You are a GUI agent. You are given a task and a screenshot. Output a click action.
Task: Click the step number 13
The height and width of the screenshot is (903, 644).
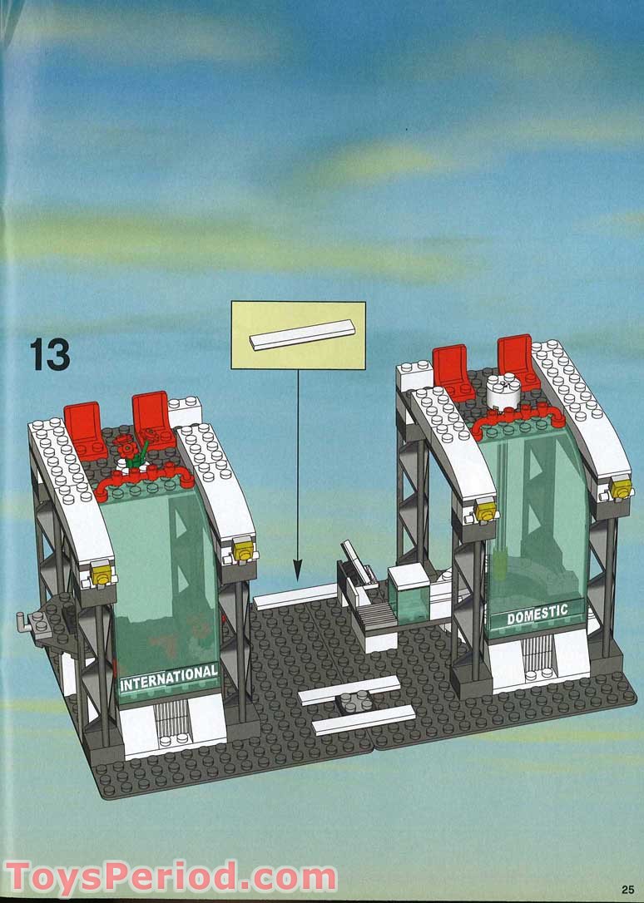coord(50,354)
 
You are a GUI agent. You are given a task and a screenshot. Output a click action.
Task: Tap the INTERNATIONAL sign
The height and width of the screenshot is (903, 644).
coord(169,677)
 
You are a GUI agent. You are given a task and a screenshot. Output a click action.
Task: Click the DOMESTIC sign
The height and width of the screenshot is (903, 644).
coord(537,614)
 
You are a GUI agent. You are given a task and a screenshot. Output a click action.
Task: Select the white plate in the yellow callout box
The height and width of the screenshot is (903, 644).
coord(302,334)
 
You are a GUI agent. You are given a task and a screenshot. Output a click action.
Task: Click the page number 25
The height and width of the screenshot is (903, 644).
coord(627,890)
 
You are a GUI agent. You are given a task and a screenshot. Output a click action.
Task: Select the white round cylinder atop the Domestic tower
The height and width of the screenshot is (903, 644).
coord(503,393)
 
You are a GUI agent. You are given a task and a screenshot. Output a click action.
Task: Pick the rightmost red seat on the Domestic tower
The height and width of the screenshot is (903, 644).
coord(518,362)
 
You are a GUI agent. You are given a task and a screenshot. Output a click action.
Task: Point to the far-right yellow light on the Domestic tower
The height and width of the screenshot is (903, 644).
coord(621,488)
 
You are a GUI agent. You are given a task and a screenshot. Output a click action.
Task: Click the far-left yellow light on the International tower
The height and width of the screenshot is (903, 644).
coord(102,573)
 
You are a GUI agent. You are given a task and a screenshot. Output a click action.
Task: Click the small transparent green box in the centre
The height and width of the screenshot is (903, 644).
coord(409,598)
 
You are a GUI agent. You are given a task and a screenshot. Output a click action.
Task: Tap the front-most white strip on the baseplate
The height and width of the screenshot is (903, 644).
coord(364,720)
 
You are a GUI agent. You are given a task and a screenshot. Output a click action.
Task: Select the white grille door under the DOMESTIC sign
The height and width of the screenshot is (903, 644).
coord(537,654)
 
